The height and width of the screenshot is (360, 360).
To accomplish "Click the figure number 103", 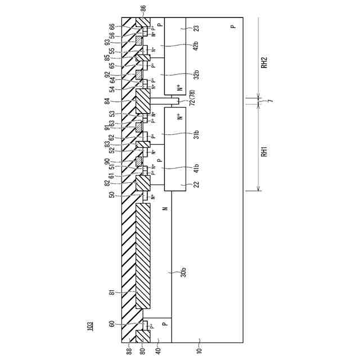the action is pos(90,326).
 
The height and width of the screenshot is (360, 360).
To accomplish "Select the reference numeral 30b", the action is pos(183,274).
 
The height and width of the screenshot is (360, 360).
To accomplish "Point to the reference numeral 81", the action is pos(111,292).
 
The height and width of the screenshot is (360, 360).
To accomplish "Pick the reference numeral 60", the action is pos(111,324).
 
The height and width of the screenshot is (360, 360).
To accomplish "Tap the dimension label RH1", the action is pos(263,152).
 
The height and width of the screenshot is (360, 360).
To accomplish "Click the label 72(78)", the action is pos(191,102).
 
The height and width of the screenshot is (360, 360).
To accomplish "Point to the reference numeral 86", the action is pos(143,8).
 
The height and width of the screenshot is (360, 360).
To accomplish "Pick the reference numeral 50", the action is pos(111,195).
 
